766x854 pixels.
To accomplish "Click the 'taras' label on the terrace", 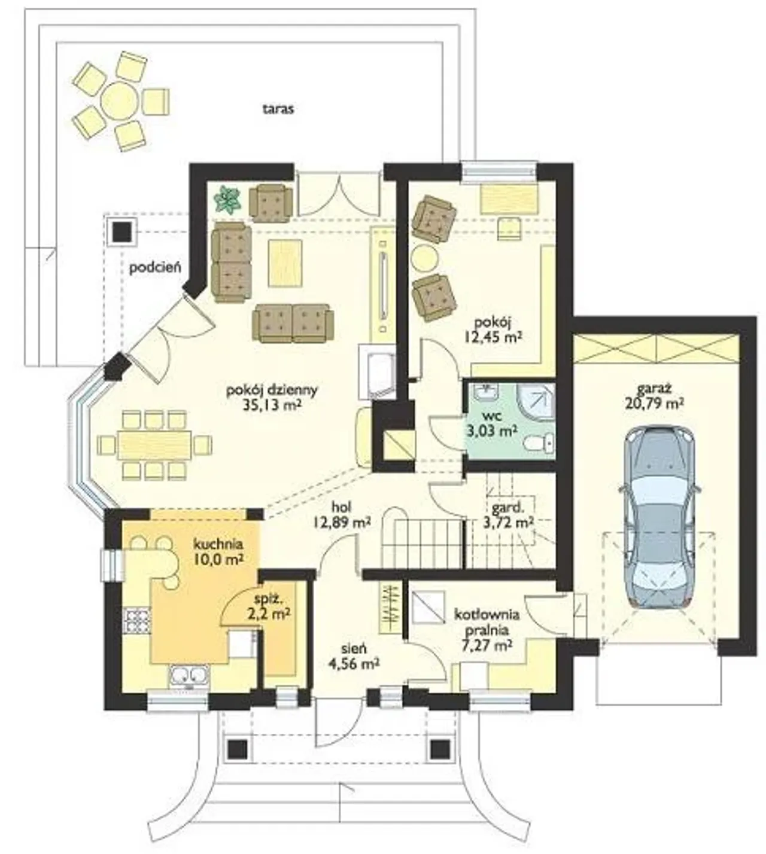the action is pos(278,109).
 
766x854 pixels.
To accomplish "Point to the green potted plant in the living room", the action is pos(228,199).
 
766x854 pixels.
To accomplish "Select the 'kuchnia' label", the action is pos(219,544).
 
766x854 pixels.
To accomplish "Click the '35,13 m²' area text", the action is pos(272,405).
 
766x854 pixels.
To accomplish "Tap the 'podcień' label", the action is pos(155,268).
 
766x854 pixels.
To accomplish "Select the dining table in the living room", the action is pos(154,445).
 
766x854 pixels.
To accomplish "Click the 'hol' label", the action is pos(342,507).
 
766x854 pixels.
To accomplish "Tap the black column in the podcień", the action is pos(122,231).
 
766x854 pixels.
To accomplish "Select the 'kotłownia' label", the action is pos(487,615).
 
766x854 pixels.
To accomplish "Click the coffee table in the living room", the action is pos(285,264).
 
